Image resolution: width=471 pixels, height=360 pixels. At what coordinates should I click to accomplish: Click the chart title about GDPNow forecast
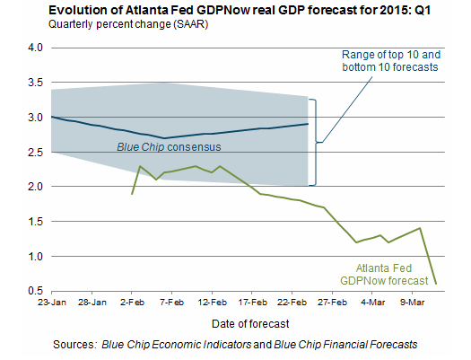coord(240,10)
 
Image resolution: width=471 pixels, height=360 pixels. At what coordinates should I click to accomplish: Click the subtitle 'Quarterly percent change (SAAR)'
coord(128,24)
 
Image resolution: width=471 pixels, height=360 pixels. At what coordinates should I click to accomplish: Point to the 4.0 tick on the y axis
coord(35,48)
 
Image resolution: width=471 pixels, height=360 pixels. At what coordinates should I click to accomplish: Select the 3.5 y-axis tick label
coord(35,83)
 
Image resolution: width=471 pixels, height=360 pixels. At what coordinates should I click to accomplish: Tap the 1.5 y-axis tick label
coord(35,222)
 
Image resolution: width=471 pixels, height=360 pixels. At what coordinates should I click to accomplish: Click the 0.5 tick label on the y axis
coord(35,291)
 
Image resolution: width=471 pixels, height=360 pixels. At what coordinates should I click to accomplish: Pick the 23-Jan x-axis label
coord(52,302)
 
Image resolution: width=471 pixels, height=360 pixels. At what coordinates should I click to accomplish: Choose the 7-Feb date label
coord(172,302)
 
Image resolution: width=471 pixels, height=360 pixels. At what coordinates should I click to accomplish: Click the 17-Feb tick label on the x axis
coord(252,302)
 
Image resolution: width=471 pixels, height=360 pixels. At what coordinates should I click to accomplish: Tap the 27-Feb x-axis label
coord(332,302)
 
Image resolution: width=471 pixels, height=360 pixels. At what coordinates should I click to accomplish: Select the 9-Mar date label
coord(412,302)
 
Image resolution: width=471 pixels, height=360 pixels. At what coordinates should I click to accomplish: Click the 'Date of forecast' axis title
coord(250,323)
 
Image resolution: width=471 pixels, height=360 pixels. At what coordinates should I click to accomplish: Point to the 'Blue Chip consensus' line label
coord(169,147)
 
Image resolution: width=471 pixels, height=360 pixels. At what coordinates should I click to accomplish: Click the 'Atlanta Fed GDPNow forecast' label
coord(384,275)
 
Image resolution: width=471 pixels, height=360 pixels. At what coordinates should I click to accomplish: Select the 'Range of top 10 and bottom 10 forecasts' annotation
coord(391,61)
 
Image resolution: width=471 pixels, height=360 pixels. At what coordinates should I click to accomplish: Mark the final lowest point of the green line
coord(436,284)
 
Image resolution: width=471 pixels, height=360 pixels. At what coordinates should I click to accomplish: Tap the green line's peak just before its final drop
coord(420,228)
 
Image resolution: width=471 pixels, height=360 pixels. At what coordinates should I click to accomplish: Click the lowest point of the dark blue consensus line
coord(164,138)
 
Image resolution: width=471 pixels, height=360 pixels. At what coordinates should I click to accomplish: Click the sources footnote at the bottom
coord(235,345)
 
